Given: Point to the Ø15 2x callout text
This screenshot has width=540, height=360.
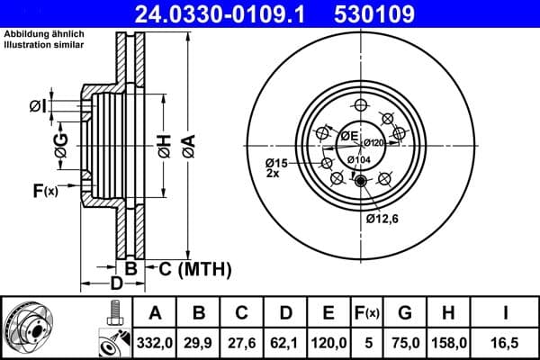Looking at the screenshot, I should pos(276,167).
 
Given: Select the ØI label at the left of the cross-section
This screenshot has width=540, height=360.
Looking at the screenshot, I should pos(38,107).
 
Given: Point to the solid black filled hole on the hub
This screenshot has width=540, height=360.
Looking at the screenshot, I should pos(361,183).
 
